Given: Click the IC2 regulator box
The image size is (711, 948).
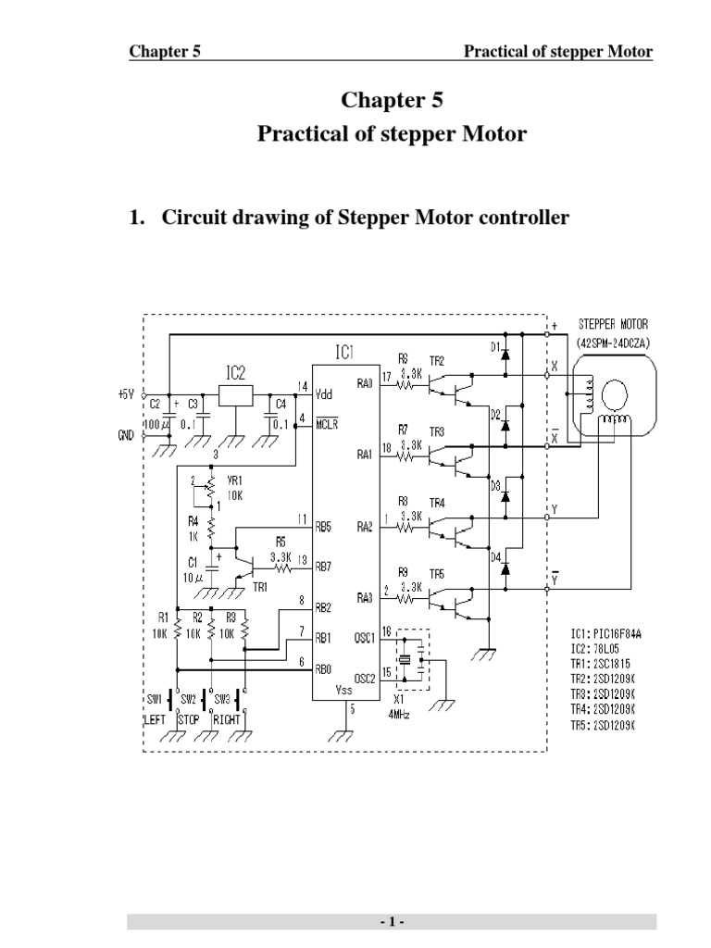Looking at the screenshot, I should click(x=235, y=393).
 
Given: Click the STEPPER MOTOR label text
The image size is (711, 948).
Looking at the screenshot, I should click(x=615, y=324).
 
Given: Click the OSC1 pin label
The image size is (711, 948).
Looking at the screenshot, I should click(x=365, y=637).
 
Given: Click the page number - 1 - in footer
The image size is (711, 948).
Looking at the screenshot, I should click(x=392, y=923).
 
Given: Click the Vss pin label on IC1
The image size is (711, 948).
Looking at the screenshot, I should click(x=344, y=692).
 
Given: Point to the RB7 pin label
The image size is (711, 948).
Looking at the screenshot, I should click(x=324, y=565).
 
